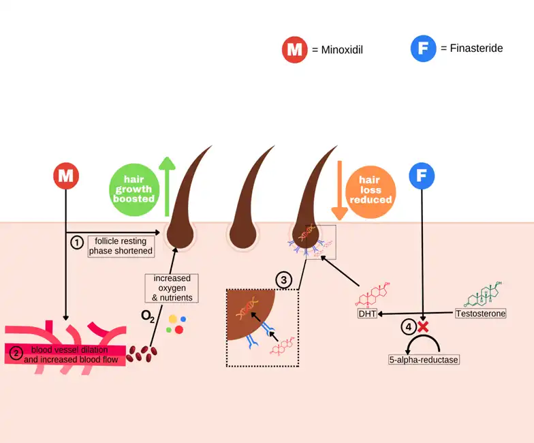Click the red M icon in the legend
294,50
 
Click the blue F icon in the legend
423,49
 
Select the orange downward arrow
339,190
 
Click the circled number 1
77,242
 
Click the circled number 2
16,353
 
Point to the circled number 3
284,279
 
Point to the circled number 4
408,327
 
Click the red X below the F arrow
423,326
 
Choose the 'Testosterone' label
480,314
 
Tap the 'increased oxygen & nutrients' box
172,288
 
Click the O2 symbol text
148,316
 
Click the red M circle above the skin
66,176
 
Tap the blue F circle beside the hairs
422,176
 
